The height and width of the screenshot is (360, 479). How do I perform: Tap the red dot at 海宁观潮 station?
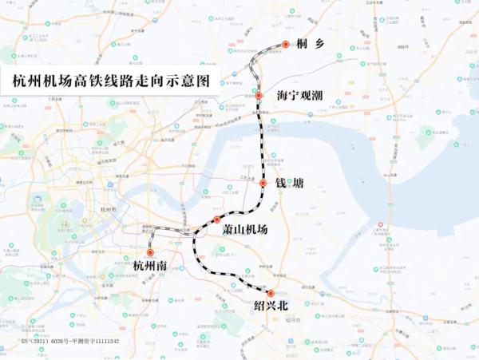[258, 95]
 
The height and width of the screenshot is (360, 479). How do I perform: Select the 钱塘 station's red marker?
[262, 184]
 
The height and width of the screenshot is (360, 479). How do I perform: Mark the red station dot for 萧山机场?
[216, 220]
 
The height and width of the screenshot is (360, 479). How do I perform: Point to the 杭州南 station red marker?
[149, 252]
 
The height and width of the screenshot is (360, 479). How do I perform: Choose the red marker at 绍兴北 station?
[271, 293]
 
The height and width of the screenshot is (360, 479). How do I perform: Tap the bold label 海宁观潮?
[299, 96]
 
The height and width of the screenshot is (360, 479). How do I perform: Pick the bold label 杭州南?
[150, 266]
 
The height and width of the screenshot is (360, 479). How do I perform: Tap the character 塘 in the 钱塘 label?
[296, 184]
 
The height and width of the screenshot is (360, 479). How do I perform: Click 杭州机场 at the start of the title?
[40, 81]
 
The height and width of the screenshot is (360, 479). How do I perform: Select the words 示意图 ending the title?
[191, 81]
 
